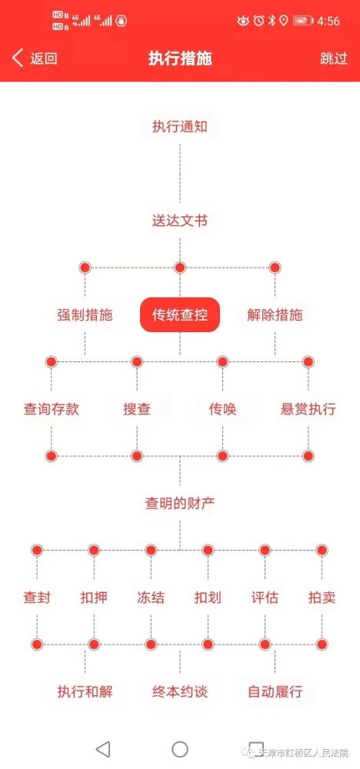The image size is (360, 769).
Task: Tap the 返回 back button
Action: [35, 58]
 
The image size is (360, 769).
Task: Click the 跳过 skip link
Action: [334, 58]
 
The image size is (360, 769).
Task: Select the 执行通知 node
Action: [180, 127]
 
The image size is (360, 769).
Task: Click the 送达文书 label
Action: [180, 221]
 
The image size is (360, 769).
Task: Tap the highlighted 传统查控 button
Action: [180, 315]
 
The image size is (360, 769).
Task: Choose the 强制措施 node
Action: [85, 315]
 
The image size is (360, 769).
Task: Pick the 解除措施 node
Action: [275, 315]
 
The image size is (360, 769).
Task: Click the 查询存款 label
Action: [51, 409]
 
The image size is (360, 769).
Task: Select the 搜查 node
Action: [137, 409]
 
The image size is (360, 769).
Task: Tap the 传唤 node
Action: [222, 409]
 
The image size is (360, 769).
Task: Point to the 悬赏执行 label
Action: [308, 409]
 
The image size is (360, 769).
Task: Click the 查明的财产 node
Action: [180, 503]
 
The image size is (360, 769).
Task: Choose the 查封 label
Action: [37, 598]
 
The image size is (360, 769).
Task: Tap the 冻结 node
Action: [151, 598]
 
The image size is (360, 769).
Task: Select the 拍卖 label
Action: [322, 598]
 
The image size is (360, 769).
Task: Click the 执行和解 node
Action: [85, 691]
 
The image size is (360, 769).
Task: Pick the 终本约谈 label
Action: [180, 691]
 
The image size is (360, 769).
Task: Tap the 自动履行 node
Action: [275, 691]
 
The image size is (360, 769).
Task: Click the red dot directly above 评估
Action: [265, 551]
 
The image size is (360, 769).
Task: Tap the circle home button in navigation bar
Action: [180, 749]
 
